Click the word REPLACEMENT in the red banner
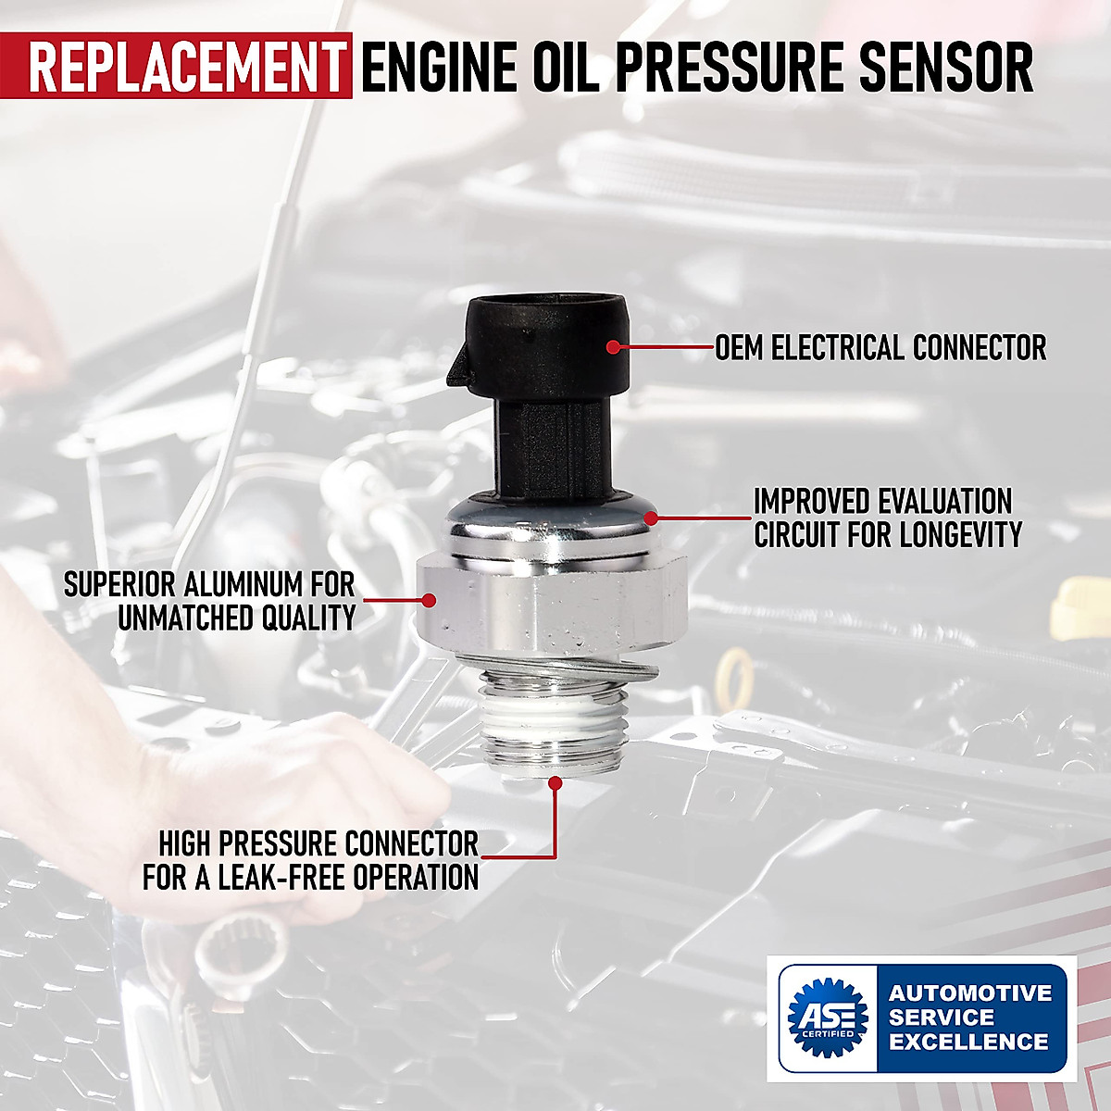(x=186, y=67)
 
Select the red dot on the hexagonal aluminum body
(x=428, y=600)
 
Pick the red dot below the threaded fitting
(x=555, y=783)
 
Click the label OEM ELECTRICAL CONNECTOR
(x=880, y=348)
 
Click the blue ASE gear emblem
(x=829, y=1017)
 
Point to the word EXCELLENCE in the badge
(x=968, y=1042)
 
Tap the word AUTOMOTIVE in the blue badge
(x=970, y=993)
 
